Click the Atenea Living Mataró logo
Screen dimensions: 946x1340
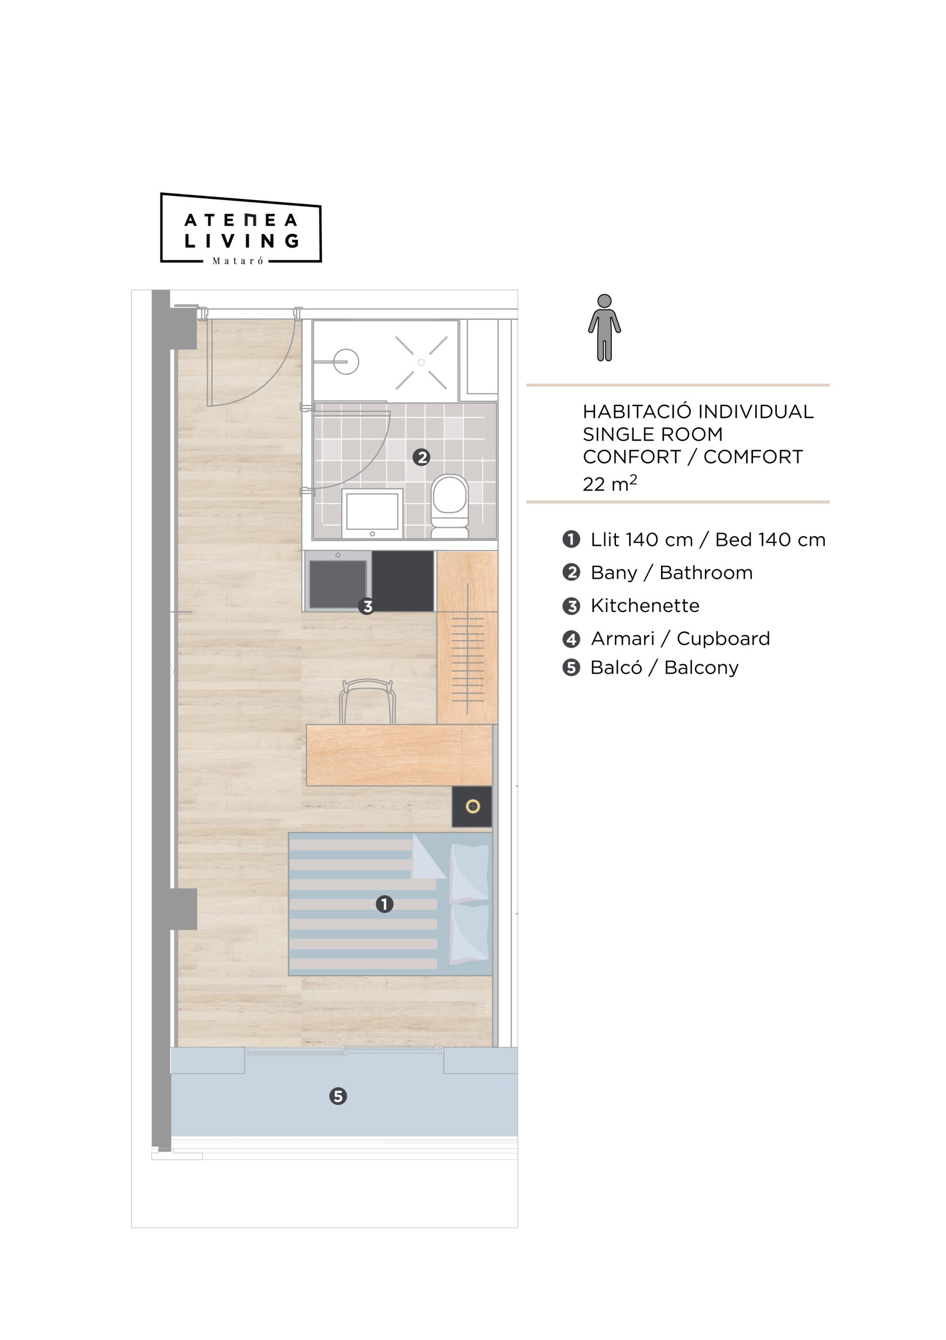pyautogui.click(x=241, y=228)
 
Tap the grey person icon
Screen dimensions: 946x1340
pyautogui.click(x=604, y=328)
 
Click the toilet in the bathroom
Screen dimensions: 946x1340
pyautogui.click(x=449, y=506)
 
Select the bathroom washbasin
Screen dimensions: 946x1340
pyautogui.click(x=372, y=513)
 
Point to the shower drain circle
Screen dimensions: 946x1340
pyautogui.click(x=421, y=362)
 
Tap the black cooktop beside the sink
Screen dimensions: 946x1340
pyautogui.click(x=403, y=582)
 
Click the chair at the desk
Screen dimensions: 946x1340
pyautogui.click(x=368, y=702)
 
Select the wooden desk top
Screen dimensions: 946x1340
pyautogui.click(x=399, y=755)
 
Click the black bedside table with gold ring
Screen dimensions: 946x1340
pyautogui.click(x=472, y=807)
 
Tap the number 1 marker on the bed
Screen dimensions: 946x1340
pyautogui.click(x=384, y=904)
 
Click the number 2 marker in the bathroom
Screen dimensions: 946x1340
pyautogui.click(x=421, y=457)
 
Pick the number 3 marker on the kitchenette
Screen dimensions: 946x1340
pyautogui.click(x=367, y=606)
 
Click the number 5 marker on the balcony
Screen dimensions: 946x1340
pyautogui.click(x=338, y=1096)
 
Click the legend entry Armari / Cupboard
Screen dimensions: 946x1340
pyautogui.click(x=680, y=639)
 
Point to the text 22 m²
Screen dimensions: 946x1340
pyautogui.click(x=609, y=483)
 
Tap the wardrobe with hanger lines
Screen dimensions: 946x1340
pyautogui.click(x=467, y=638)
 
